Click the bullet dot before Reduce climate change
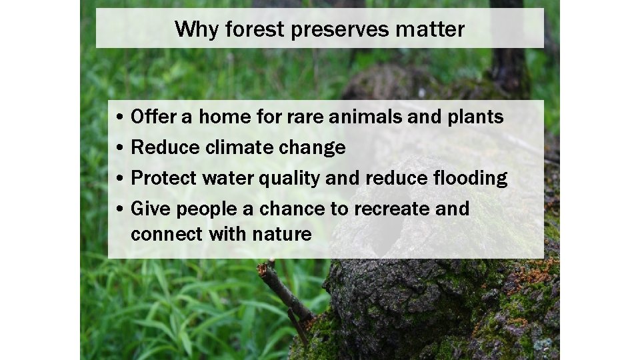(x=117, y=148)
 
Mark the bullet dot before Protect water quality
(x=117, y=179)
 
